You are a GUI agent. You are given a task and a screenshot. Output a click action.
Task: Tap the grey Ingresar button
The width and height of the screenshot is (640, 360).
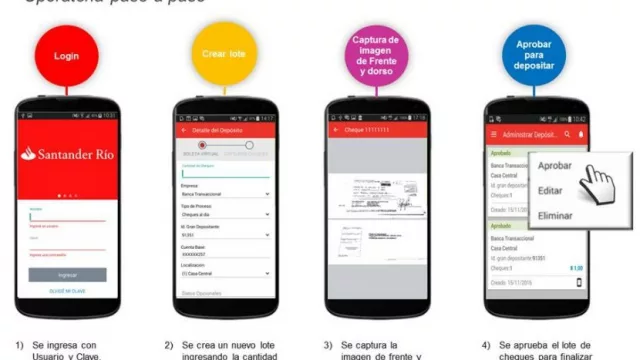pyautogui.click(x=67, y=274)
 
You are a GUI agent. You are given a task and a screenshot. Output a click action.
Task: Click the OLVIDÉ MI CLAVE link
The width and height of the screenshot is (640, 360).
pyautogui.click(x=67, y=291)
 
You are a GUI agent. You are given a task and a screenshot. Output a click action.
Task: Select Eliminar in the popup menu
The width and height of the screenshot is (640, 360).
pyautogui.click(x=556, y=214)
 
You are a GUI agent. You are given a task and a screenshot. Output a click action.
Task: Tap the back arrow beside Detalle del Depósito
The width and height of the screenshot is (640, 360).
pyautogui.click(x=183, y=130)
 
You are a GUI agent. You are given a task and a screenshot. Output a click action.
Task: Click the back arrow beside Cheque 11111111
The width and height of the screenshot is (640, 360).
pyautogui.click(x=336, y=130)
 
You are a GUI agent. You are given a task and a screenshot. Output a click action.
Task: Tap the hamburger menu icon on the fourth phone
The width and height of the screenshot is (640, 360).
pyautogui.click(x=492, y=133)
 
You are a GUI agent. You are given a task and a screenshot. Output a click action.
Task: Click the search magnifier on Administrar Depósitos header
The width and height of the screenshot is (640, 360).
pyautogui.click(x=567, y=133)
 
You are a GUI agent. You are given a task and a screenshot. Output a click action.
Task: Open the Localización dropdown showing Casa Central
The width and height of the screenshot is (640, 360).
pyautogui.click(x=225, y=273)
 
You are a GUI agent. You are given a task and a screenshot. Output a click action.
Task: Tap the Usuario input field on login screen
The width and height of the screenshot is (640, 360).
pyautogui.click(x=67, y=215)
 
